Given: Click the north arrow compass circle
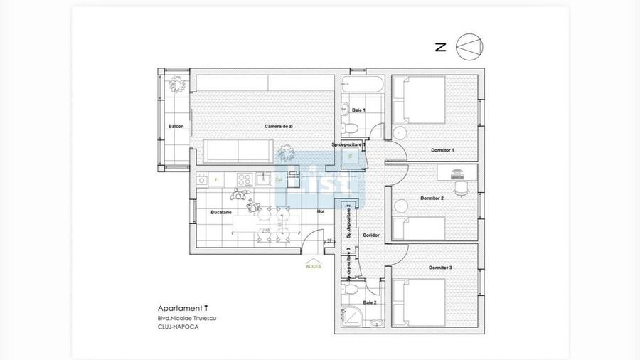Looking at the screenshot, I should pyautogui.click(x=469, y=47).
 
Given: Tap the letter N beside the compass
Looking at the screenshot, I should pyautogui.click(x=440, y=48).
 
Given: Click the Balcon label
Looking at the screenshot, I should pyautogui.click(x=176, y=127).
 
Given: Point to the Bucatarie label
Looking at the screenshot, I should pyautogui.click(x=221, y=212).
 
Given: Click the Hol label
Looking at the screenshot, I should pyautogui.click(x=321, y=211).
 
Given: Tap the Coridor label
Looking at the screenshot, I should pyautogui.click(x=370, y=235).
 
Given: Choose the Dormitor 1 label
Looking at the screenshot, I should pyautogui.click(x=442, y=150).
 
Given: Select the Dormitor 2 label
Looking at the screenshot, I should pyautogui.click(x=432, y=198).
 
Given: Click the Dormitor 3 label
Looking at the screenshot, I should pyautogui.click(x=440, y=268).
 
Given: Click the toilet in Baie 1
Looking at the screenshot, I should pyautogui.click(x=350, y=128).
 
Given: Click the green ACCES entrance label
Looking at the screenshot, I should pyautogui.click(x=313, y=266).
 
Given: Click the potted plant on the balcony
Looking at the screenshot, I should pyautogui.click(x=176, y=85).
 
